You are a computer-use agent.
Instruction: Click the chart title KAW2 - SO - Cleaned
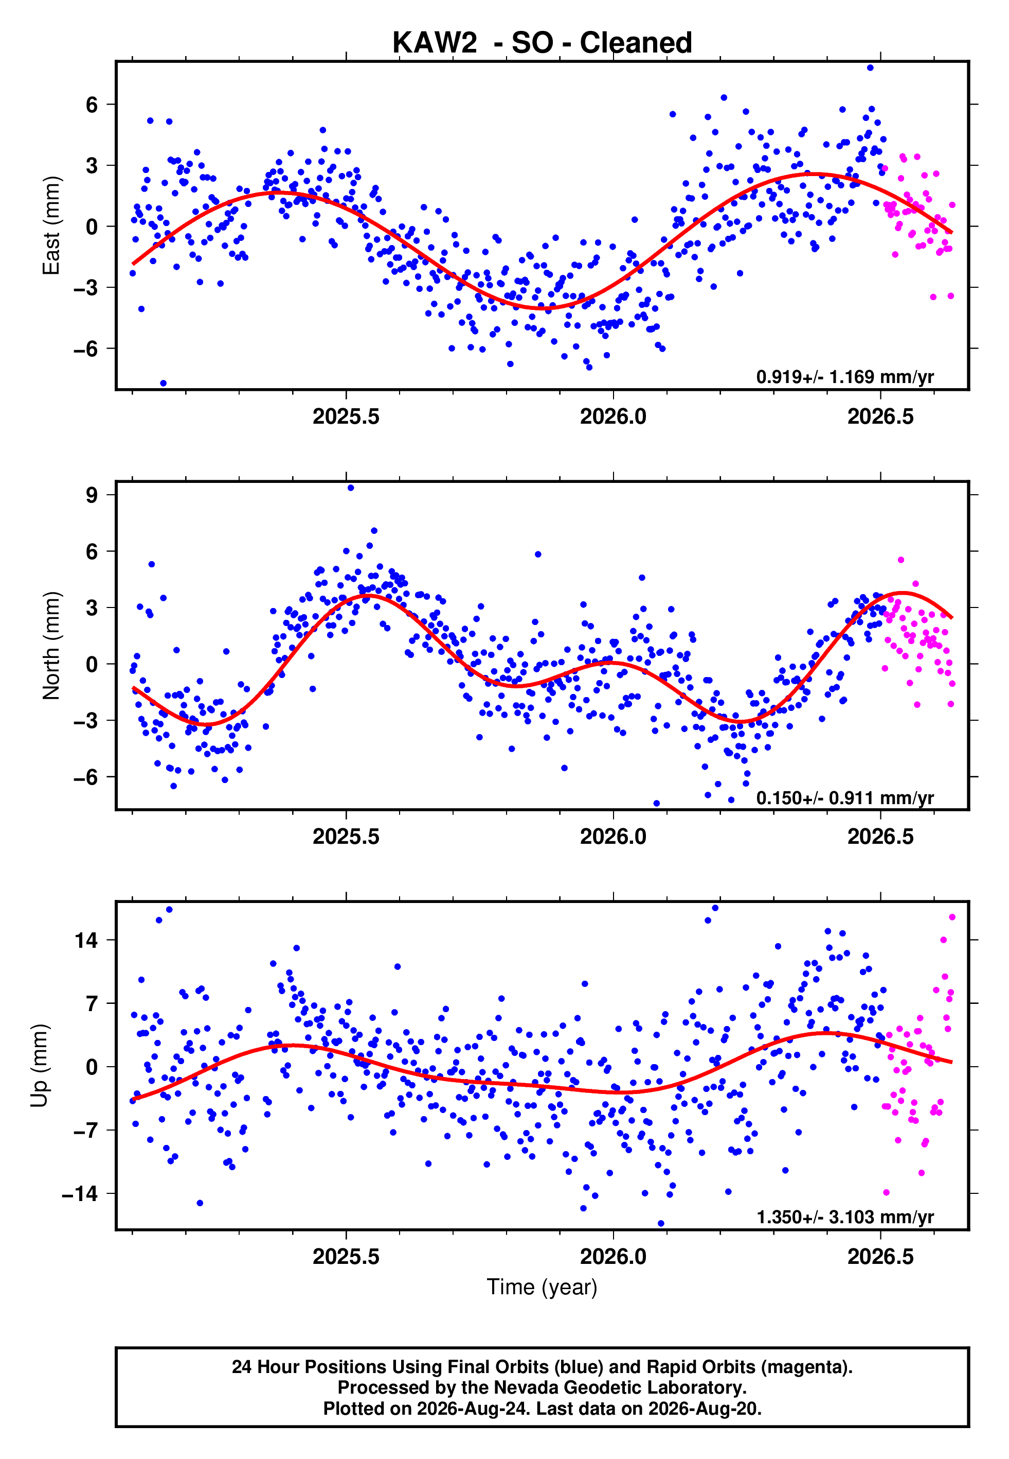pyautogui.click(x=542, y=43)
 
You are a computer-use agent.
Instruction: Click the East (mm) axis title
pyautogui.click(x=51, y=225)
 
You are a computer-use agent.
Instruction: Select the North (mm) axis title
pyautogui.click(x=51, y=646)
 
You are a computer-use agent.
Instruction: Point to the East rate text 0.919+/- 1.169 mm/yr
pyautogui.click(x=844, y=377)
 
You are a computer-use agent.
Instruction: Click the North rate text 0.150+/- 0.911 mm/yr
pyautogui.click(x=844, y=798)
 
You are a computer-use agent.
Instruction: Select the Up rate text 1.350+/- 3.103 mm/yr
pyautogui.click(x=844, y=1217)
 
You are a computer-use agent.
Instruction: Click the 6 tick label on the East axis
pyautogui.click(x=92, y=105)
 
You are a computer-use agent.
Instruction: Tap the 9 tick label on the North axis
pyautogui.click(x=92, y=495)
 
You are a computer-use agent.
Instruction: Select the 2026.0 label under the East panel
pyautogui.click(x=613, y=416)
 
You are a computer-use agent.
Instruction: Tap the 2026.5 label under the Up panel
pyautogui.click(x=880, y=1256)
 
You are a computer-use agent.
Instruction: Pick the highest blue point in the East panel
pyautogui.click(x=871, y=67)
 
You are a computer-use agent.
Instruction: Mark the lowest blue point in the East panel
pyautogui.click(x=163, y=384)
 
